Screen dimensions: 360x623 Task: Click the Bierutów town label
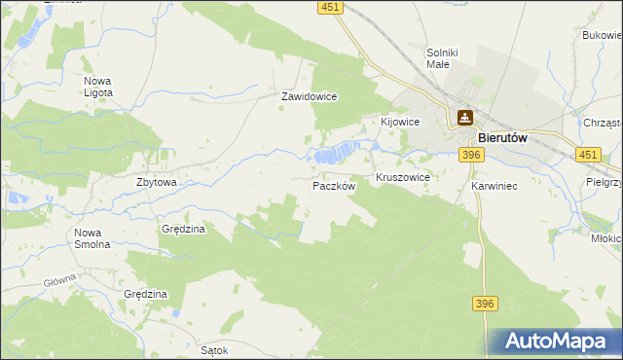[x=502, y=138]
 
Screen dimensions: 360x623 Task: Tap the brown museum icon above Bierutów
[x=465, y=119]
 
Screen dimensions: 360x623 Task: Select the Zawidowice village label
[x=309, y=97]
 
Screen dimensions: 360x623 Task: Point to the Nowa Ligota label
[x=98, y=87]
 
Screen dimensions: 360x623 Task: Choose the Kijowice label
[x=399, y=122]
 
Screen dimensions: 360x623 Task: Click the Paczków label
[x=334, y=185]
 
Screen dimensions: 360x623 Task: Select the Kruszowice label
[x=403, y=179]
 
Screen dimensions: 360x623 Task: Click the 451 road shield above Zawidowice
[x=329, y=8]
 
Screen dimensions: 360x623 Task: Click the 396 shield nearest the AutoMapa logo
[x=486, y=305]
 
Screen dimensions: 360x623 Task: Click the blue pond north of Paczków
[x=337, y=154]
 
